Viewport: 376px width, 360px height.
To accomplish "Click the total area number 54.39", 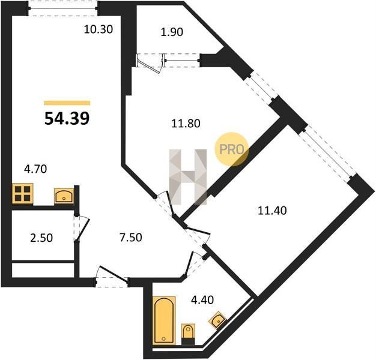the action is click(x=67, y=118).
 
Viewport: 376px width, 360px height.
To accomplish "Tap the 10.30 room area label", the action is click(x=99, y=29).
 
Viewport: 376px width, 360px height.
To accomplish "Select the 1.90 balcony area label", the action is click(x=172, y=32).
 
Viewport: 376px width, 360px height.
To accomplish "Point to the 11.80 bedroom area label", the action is click(x=186, y=124).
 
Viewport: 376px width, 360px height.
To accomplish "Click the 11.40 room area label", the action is click(x=272, y=211).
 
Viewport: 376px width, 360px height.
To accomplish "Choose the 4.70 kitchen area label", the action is click(x=35, y=169).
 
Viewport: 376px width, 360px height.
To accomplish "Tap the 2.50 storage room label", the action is click(x=41, y=238).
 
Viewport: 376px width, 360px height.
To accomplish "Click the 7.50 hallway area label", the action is click(x=131, y=238).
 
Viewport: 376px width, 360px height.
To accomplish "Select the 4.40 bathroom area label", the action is click(x=202, y=299).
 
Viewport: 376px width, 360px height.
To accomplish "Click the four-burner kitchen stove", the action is click(x=23, y=194).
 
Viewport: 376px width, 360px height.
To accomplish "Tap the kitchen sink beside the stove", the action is click(x=64, y=196).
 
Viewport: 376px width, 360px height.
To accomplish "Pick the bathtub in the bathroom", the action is click(x=164, y=320).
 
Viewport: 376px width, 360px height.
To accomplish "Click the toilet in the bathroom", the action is click(x=188, y=334).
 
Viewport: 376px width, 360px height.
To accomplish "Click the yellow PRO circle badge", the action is click(x=231, y=149).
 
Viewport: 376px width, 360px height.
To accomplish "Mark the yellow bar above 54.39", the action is click(x=67, y=103).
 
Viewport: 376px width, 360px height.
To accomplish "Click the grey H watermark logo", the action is click(x=188, y=177).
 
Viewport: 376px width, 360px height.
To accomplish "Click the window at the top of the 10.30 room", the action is click(x=63, y=8).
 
